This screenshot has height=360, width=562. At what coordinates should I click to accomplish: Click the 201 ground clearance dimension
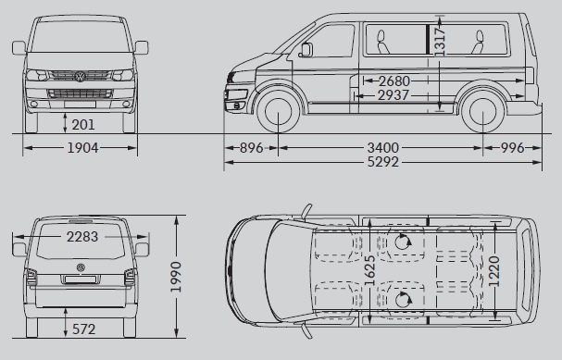83,125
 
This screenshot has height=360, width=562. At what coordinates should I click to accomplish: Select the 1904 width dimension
82,147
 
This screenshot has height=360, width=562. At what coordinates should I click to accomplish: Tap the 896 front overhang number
251,147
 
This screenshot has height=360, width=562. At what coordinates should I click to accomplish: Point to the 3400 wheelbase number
382,147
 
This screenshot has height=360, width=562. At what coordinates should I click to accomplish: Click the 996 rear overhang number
512,147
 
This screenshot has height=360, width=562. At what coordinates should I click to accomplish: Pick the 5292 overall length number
382,162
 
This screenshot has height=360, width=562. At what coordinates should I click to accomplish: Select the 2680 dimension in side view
393,81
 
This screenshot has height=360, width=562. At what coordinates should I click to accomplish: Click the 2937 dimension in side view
393,95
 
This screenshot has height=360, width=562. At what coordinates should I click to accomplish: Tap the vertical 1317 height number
440,42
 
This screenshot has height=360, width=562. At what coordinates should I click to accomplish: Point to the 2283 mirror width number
82,237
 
